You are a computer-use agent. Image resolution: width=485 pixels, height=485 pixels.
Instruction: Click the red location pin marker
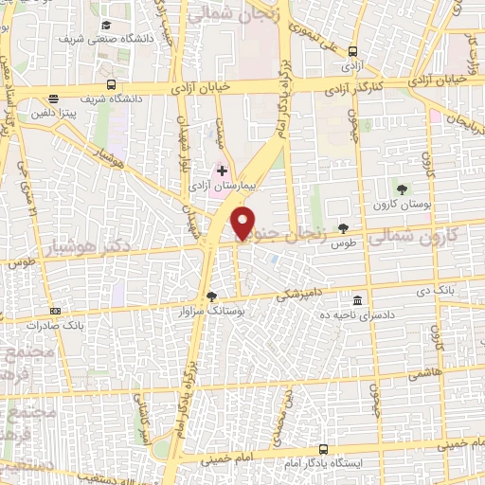tap(244, 224)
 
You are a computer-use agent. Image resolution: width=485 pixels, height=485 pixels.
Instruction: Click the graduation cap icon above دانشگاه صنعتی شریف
tap(105, 23)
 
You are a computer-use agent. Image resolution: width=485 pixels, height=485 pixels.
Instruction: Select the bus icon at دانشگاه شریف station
tap(55, 98)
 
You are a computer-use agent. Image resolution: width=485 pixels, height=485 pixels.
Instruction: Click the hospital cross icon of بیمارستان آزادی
tap(222, 171)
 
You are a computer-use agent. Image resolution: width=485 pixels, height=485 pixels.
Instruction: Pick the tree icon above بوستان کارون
tap(402, 189)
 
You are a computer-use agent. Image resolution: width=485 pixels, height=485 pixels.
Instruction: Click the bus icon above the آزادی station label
tap(352, 51)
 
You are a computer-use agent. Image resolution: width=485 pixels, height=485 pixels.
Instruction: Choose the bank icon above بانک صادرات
tap(56, 310)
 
